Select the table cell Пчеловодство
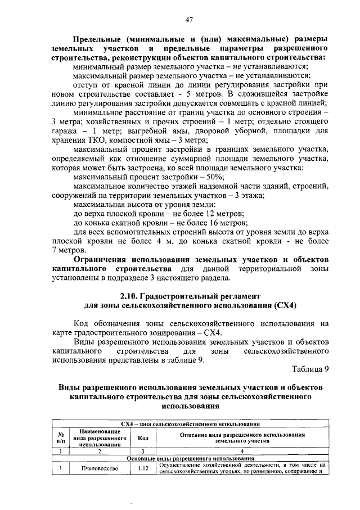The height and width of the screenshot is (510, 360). [98, 468]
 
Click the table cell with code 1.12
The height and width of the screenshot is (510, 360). [143, 468]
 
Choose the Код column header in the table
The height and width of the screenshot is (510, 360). [143, 438]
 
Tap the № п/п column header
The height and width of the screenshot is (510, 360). [60, 438]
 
